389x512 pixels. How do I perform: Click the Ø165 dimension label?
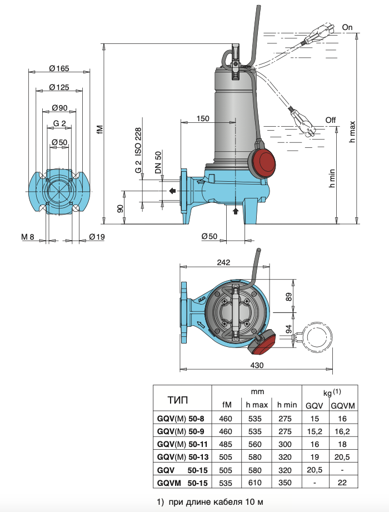point(58,68)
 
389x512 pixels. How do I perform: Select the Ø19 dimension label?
point(97,237)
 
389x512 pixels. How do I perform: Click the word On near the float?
point(347,27)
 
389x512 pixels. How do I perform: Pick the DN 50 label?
point(158,162)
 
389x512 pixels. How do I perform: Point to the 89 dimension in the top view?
point(289,297)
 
